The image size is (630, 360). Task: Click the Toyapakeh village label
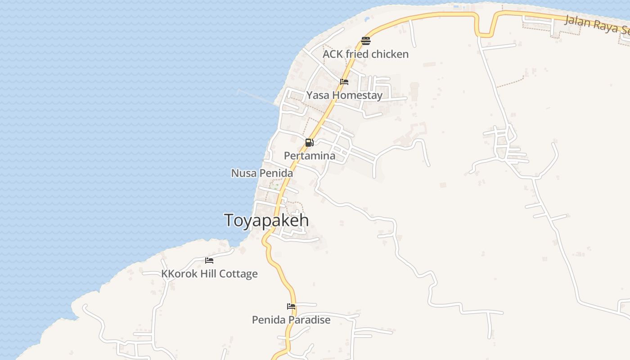coord(266,220)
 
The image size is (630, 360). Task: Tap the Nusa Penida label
coord(262,173)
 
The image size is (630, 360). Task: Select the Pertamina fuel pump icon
coord(310,143)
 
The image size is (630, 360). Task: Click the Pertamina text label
coord(310,156)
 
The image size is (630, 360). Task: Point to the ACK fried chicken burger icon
coord(365,41)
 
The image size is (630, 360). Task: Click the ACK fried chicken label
coord(365,54)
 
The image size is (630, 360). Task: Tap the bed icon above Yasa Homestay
coord(344,82)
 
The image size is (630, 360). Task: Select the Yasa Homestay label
coord(344,95)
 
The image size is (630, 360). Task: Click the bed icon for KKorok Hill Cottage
coord(209,260)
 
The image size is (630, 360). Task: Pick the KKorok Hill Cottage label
coord(209,274)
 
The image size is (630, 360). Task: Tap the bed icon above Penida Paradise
coord(291,306)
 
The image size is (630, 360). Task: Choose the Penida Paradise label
coord(291,320)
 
